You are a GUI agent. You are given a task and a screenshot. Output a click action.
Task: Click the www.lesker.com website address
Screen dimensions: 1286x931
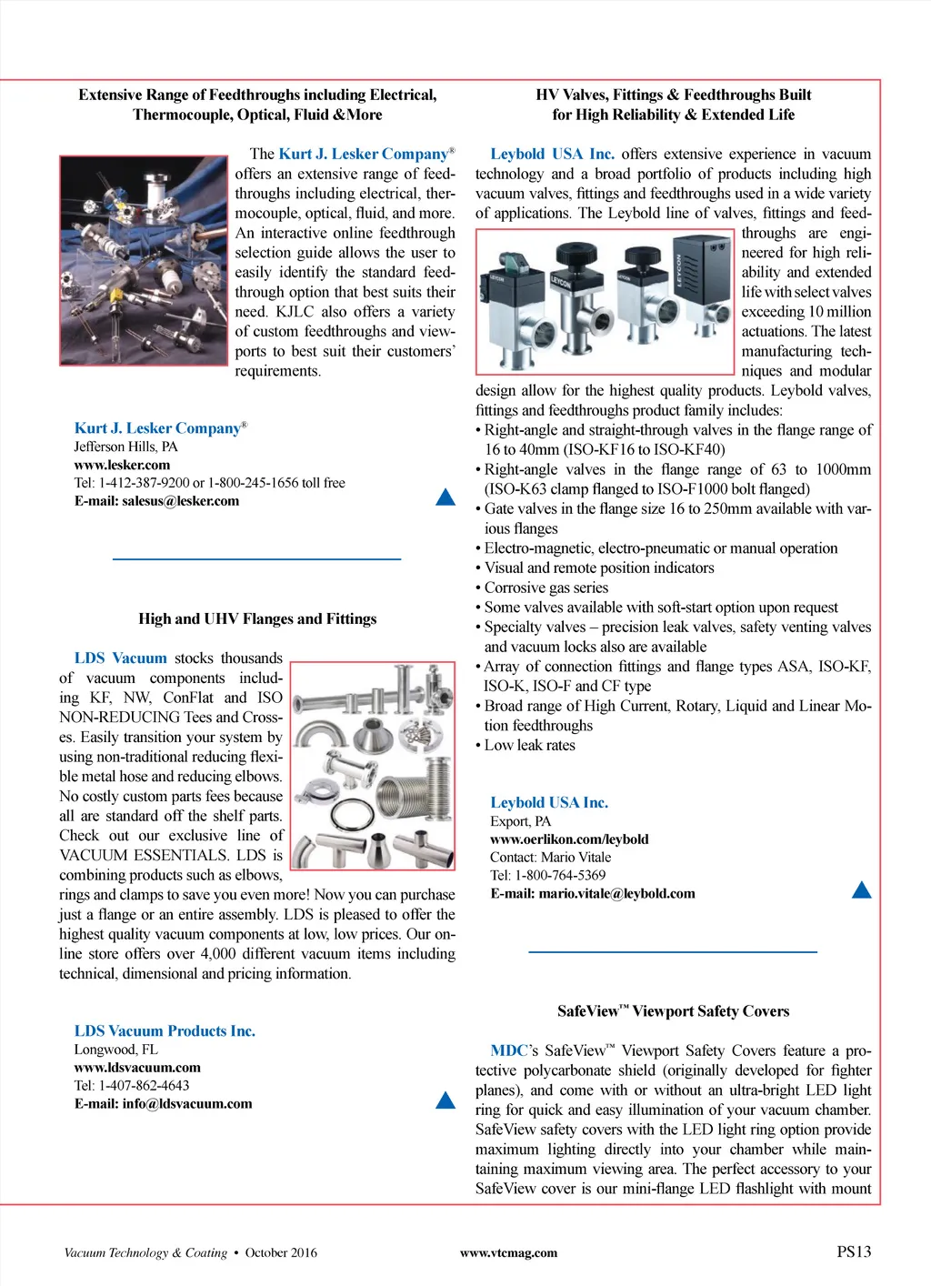pos(122,465)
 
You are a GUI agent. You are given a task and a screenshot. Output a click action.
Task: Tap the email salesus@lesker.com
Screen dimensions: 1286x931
pos(156,501)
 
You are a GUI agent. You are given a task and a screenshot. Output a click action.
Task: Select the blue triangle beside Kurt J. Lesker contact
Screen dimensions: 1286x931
pos(445,497)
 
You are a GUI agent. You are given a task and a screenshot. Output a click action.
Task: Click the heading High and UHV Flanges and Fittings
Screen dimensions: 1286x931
pos(257,619)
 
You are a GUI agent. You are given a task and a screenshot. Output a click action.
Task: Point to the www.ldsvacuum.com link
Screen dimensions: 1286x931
pos(137,1068)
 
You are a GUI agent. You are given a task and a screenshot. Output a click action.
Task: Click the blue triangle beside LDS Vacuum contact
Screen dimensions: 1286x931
pos(445,1100)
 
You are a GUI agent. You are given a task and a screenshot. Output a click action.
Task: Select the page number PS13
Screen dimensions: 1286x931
pos(854,1251)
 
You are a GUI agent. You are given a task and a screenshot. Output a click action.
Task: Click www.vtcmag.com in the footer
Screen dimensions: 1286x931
pos(508,1253)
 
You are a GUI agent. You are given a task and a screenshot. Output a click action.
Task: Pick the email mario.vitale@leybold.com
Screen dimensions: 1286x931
pos(593,894)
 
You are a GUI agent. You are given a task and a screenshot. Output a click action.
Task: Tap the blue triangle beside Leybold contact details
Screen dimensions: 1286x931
pos(862,889)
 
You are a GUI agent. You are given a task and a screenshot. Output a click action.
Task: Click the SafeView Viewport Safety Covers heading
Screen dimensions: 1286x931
pos(673,1011)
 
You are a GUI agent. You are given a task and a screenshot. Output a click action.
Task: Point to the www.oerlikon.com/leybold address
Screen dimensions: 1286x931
pos(569,839)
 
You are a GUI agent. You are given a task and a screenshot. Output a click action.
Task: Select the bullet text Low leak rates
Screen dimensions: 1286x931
pos(529,746)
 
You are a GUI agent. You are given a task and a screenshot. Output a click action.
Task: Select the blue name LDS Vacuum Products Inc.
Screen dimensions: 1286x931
pos(165,1031)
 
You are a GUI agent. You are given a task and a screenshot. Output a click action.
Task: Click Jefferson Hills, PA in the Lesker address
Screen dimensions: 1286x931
pos(125,447)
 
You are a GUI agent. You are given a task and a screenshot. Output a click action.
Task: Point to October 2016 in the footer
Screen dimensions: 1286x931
pos(281,1253)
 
